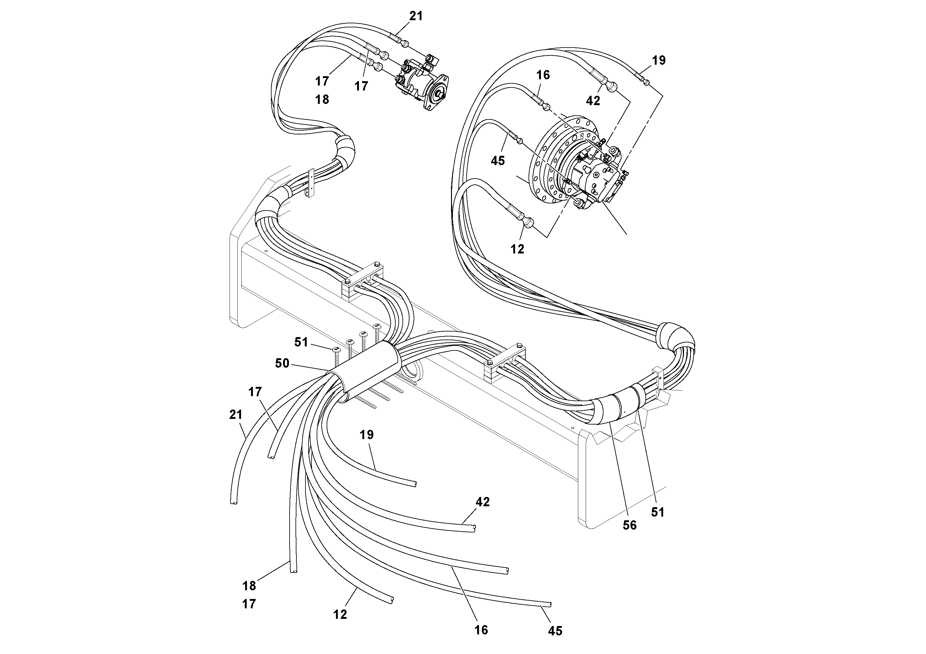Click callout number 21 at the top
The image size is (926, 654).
[416, 16]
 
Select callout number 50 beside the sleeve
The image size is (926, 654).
[282, 363]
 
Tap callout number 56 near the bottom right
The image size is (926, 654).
[630, 525]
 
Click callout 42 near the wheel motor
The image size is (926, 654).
[593, 101]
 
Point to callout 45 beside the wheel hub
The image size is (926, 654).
[498, 161]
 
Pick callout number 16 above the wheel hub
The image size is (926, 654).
[543, 75]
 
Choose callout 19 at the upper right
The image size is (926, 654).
[658, 60]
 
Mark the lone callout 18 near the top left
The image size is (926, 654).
[322, 99]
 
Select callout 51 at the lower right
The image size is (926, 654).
[657, 513]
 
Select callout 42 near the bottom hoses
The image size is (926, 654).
[482, 502]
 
